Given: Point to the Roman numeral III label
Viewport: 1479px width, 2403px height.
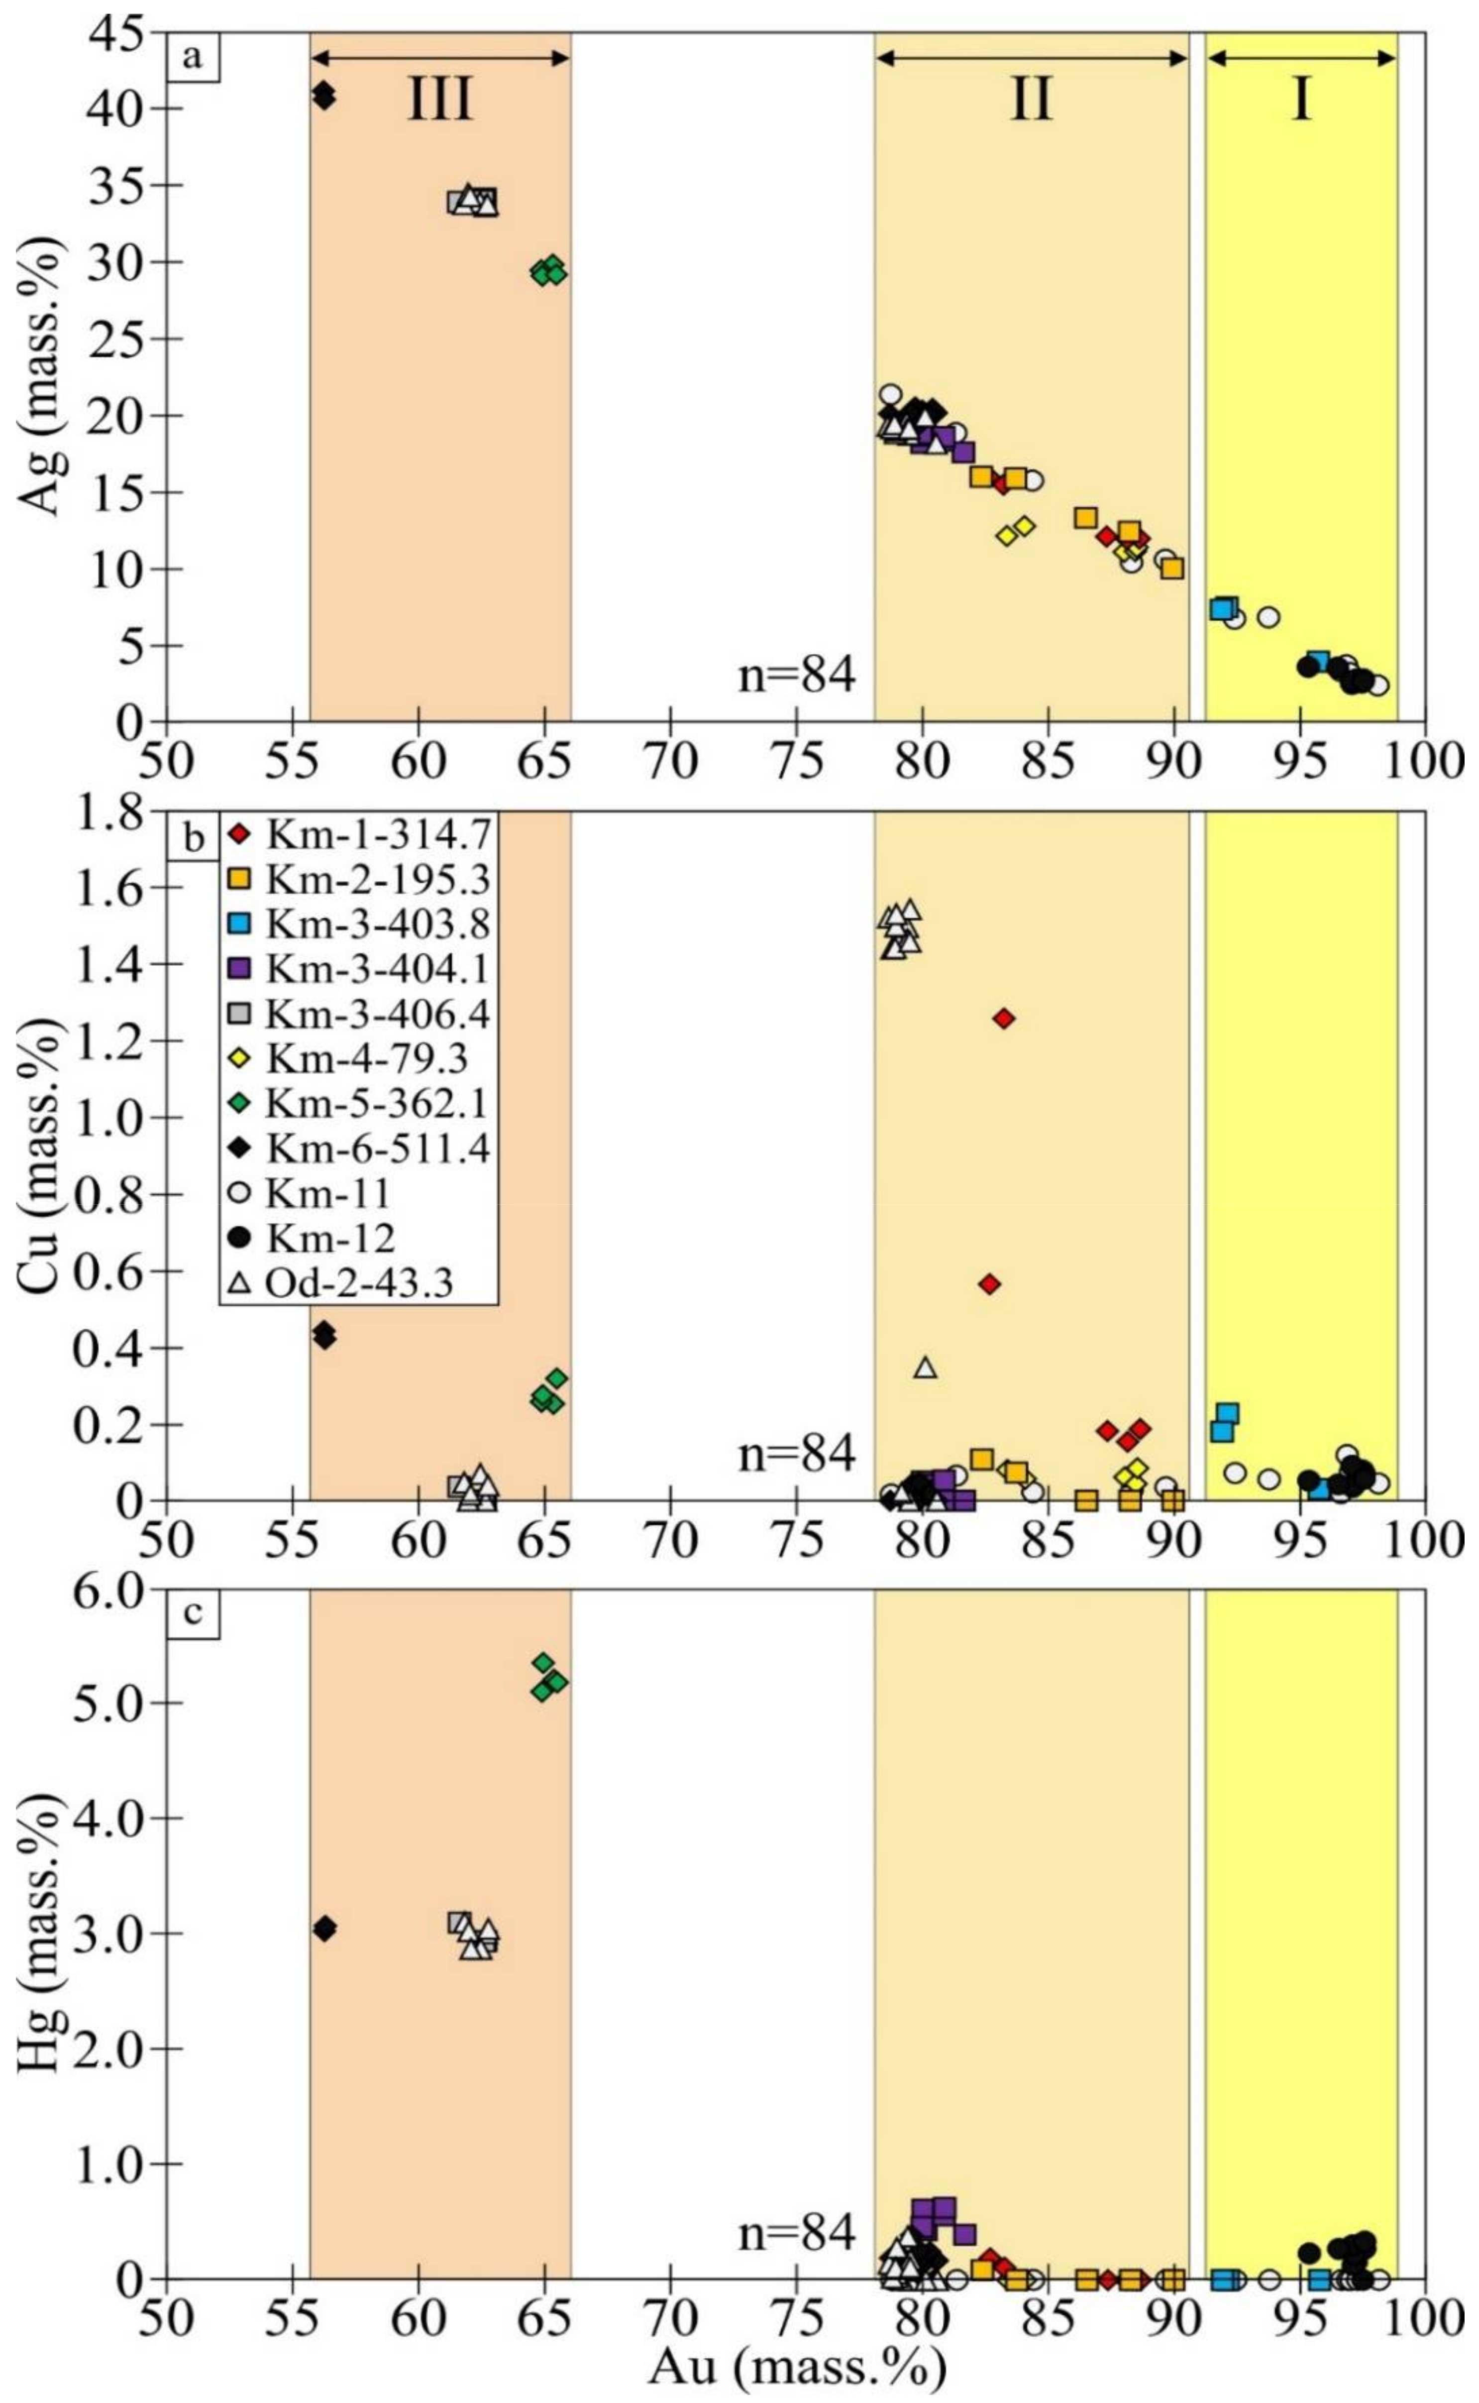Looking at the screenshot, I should [x=439, y=99].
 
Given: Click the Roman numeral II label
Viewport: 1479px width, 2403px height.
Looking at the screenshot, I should [x=1031, y=99].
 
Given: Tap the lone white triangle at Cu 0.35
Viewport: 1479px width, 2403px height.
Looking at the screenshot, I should [x=925, y=1367].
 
